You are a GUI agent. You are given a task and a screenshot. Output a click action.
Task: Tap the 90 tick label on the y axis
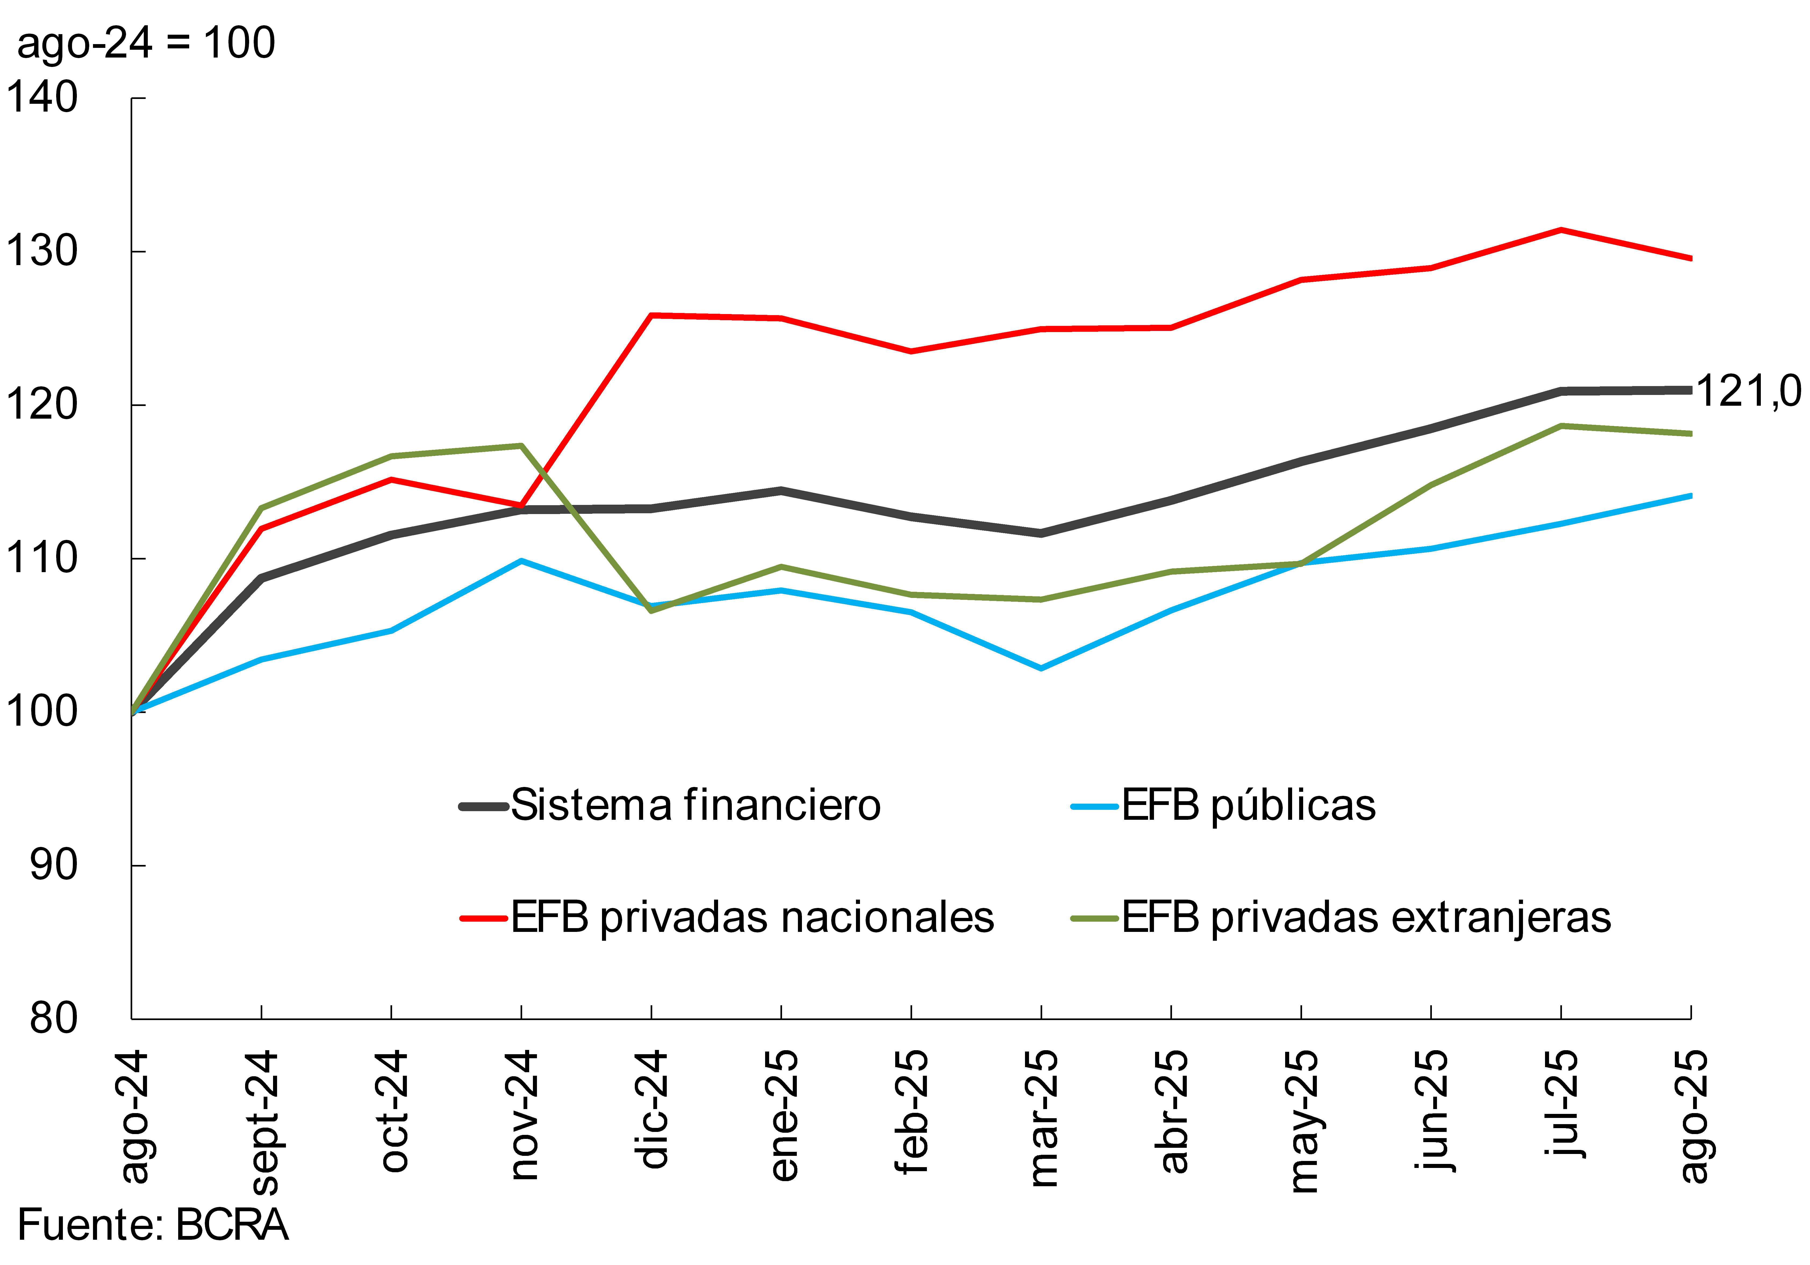(53, 865)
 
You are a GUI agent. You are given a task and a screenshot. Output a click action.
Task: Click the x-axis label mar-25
(1042, 1118)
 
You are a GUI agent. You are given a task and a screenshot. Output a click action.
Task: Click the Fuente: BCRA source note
(152, 1225)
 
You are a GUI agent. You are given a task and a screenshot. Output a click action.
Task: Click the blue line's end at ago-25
(1689, 495)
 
